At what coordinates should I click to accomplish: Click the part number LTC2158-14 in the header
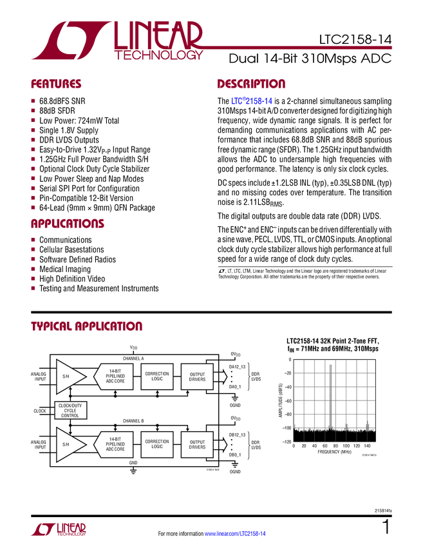(355, 39)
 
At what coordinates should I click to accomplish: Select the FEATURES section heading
(56, 84)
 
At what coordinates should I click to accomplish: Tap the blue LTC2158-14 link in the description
(252, 101)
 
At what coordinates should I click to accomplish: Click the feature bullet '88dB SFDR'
(57, 111)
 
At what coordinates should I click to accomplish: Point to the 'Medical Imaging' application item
(65, 269)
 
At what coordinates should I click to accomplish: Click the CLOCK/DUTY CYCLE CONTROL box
(71, 410)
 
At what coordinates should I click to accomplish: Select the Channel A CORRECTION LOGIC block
(157, 377)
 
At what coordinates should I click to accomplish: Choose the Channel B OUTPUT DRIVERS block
(197, 445)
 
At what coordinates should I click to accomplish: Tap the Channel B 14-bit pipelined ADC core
(114, 445)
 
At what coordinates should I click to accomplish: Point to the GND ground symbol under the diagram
(133, 471)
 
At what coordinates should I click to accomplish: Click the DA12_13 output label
(238, 367)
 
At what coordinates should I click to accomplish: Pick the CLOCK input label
(40, 411)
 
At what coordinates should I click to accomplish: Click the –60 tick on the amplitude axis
(288, 401)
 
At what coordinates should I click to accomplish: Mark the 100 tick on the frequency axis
(346, 446)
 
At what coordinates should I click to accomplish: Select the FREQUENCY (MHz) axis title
(334, 452)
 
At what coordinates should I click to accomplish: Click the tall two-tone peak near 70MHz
(330, 398)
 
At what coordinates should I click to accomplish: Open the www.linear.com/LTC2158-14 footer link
(235, 534)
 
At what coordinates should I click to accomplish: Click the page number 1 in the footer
(386, 527)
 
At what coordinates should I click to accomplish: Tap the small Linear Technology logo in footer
(59, 529)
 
